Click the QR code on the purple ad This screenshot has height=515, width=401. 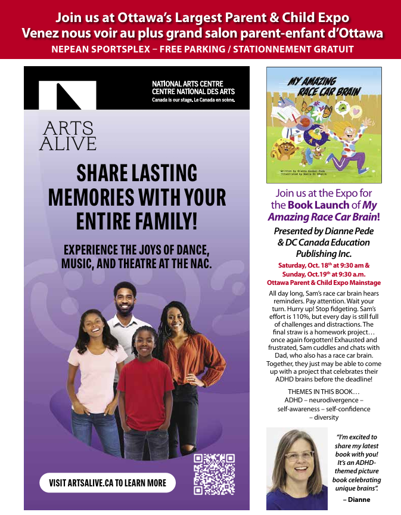point(214,474)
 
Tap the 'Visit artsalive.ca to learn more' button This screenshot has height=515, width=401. point(107,482)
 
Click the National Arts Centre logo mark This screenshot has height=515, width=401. point(67,94)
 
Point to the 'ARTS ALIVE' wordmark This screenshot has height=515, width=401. point(67,136)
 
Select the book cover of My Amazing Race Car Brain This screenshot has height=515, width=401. point(324,125)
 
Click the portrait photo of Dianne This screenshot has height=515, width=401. point(297,469)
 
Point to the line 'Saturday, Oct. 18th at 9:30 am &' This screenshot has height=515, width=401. point(324,265)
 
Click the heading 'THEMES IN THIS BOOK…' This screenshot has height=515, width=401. point(324,391)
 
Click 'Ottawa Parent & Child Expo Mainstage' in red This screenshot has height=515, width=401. point(324,283)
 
